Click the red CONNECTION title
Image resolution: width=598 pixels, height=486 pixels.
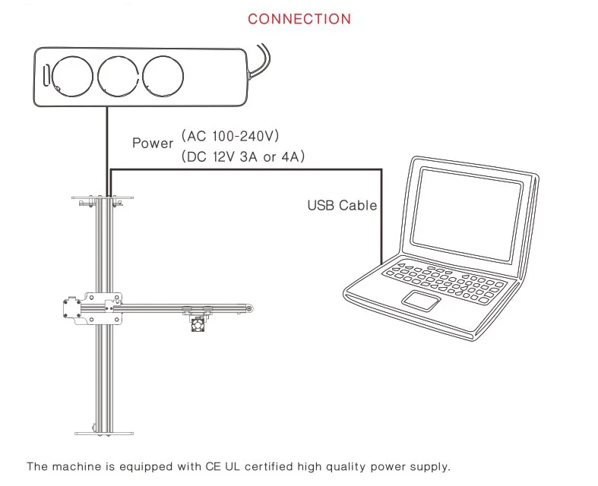coord(299,19)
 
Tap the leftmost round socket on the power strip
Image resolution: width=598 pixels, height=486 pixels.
coord(72,76)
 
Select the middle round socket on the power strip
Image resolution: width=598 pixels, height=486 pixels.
coord(117,76)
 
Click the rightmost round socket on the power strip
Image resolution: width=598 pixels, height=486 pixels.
coord(162,76)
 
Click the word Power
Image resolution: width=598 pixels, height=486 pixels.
coord(153,143)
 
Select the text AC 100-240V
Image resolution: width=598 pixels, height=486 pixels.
coord(231,137)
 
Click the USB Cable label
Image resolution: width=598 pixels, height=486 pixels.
coord(341,205)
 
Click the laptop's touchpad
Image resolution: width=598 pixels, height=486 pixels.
coord(422,299)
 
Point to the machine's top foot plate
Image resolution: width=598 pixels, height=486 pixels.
coord(103,199)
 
